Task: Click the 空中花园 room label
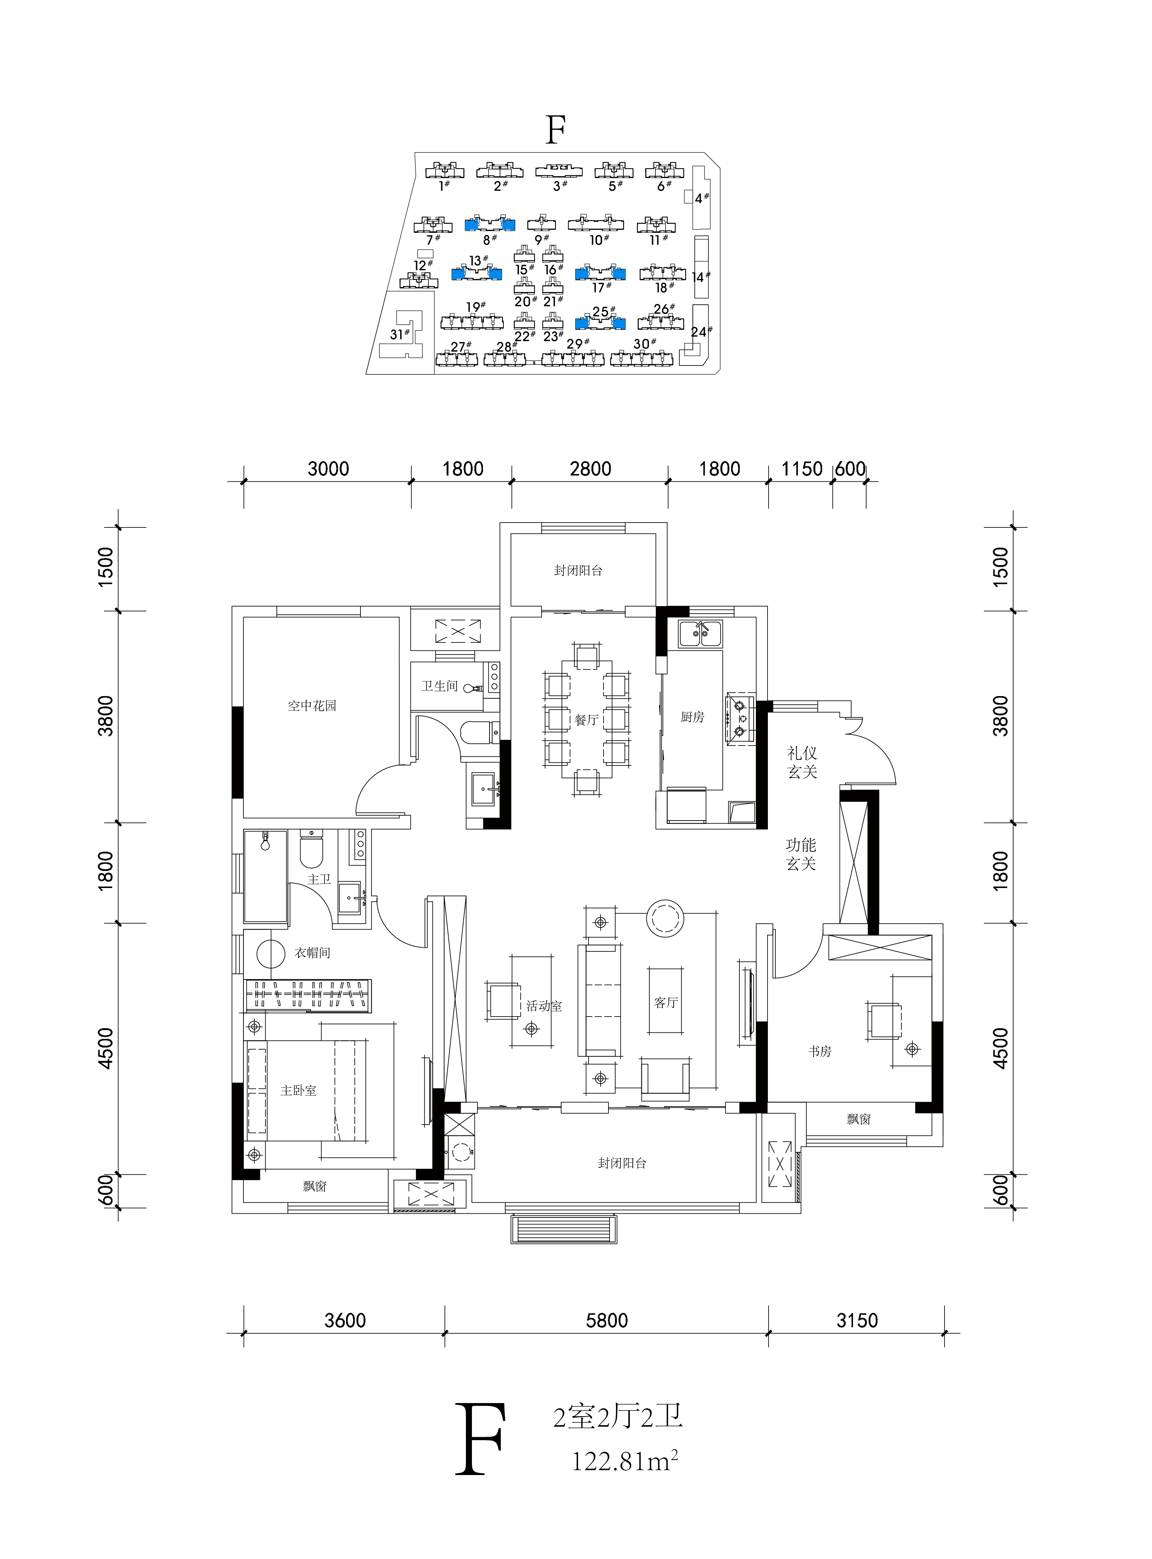pyautogui.click(x=312, y=706)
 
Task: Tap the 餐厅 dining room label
pyautogui.click(x=586, y=720)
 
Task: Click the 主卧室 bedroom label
pyautogui.click(x=299, y=1091)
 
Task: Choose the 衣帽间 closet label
pyautogui.click(x=312, y=953)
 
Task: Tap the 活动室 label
pyautogui.click(x=544, y=1006)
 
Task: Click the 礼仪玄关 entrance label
pyautogui.click(x=802, y=762)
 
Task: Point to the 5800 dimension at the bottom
pyautogui.click(x=607, y=1321)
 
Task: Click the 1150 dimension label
pyautogui.click(x=802, y=469)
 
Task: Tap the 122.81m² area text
pyautogui.click(x=625, y=1462)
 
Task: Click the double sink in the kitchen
pyautogui.click(x=701, y=633)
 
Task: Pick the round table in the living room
pyautogui.click(x=665, y=918)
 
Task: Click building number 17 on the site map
pyautogui.click(x=601, y=287)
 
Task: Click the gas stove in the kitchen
pyautogui.click(x=740, y=719)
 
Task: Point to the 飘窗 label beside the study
pyautogui.click(x=859, y=1119)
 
